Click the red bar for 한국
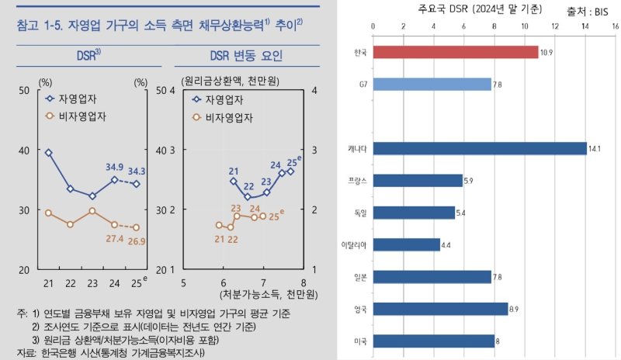click(x=455, y=52)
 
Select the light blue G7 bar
click(x=432, y=84)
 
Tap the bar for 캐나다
click(x=479, y=148)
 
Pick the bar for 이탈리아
click(x=406, y=244)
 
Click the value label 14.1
click(x=595, y=148)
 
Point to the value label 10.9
click(x=547, y=52)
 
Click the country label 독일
click(x=359, y=212)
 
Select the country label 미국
click(x=359, y=341)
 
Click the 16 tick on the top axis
click(x=614, y=26)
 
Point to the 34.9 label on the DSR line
click(x=114, y=167)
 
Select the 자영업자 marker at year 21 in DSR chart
click(x=48, y=153)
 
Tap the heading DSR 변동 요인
click(x=245, y=57)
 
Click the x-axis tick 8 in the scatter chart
click(x=303, y=283)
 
